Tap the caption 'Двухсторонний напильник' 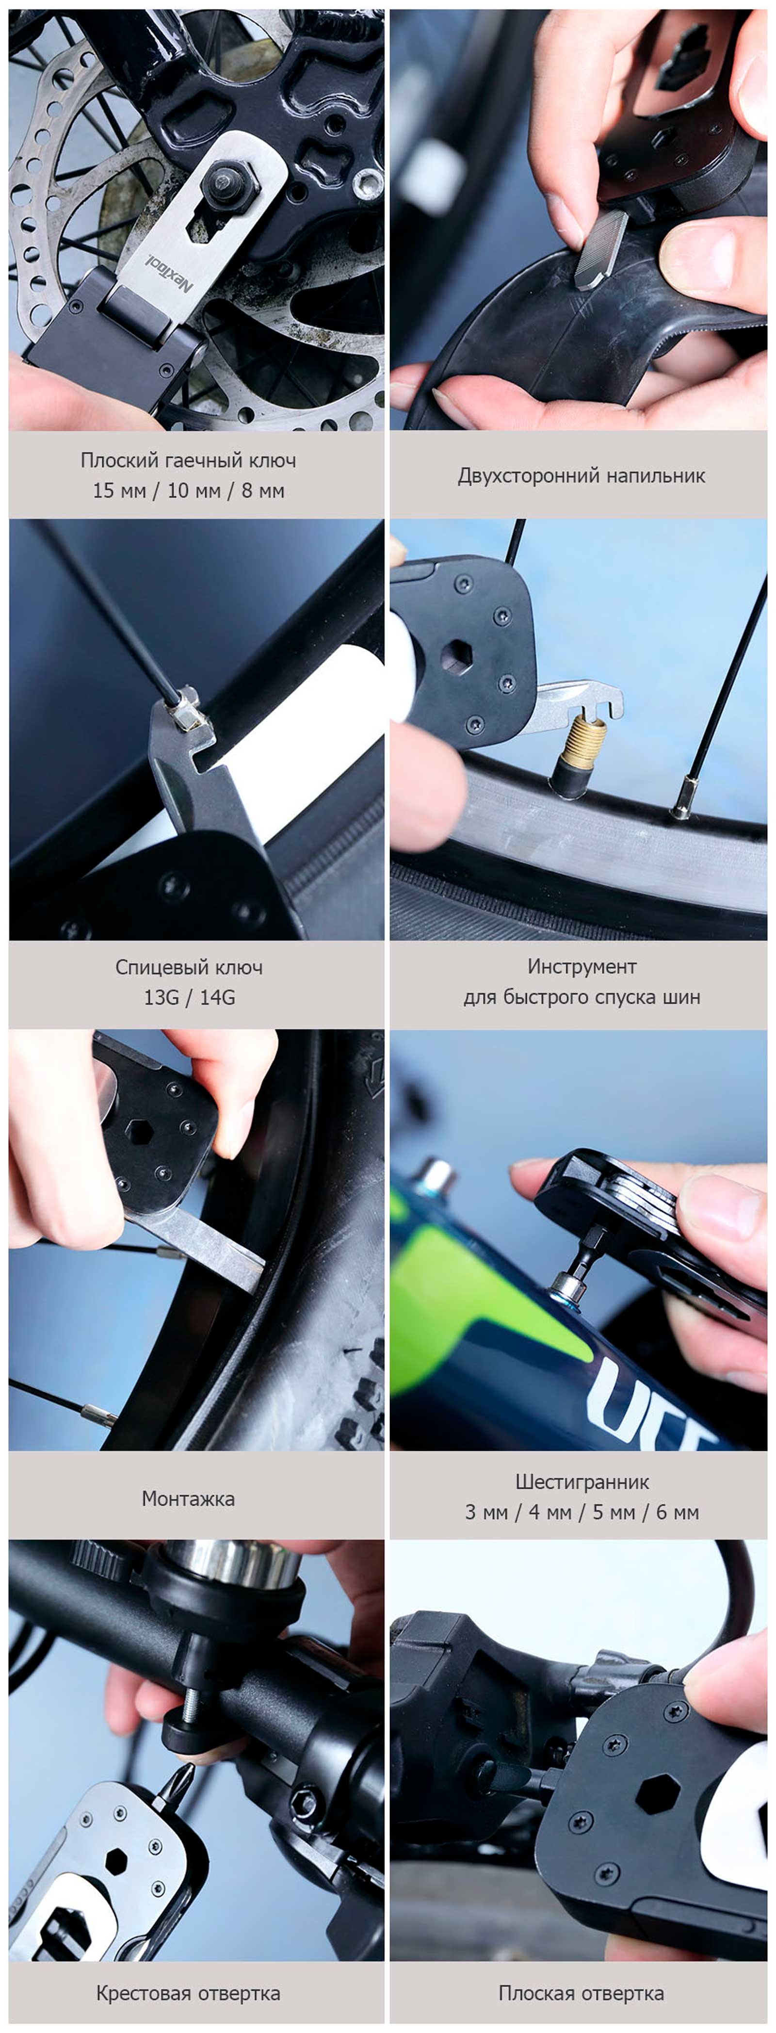click(582, 476)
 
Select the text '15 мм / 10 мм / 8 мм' click(189, 491)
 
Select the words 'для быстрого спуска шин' click(582, 997)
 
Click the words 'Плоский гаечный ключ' click(189, 460)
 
